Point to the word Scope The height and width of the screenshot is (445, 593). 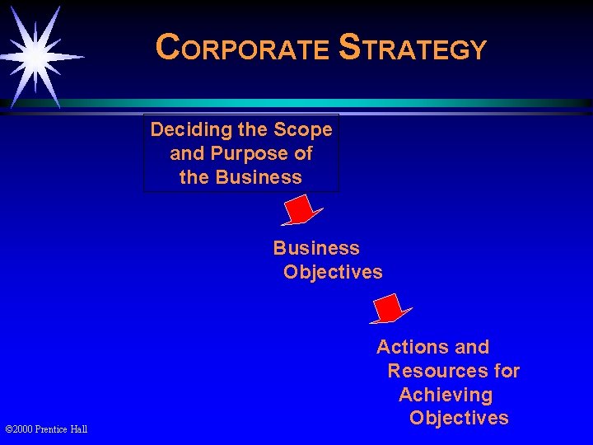304,129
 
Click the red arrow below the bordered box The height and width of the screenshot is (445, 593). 300,209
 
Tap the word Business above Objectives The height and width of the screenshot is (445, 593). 316,248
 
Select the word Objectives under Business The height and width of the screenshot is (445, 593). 333,272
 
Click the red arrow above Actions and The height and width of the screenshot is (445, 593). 390,308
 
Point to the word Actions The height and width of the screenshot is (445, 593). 411,347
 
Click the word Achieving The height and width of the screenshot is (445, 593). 445,395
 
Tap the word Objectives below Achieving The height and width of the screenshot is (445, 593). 459,418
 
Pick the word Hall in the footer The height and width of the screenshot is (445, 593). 79,429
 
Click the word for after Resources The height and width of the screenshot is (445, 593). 504,371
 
